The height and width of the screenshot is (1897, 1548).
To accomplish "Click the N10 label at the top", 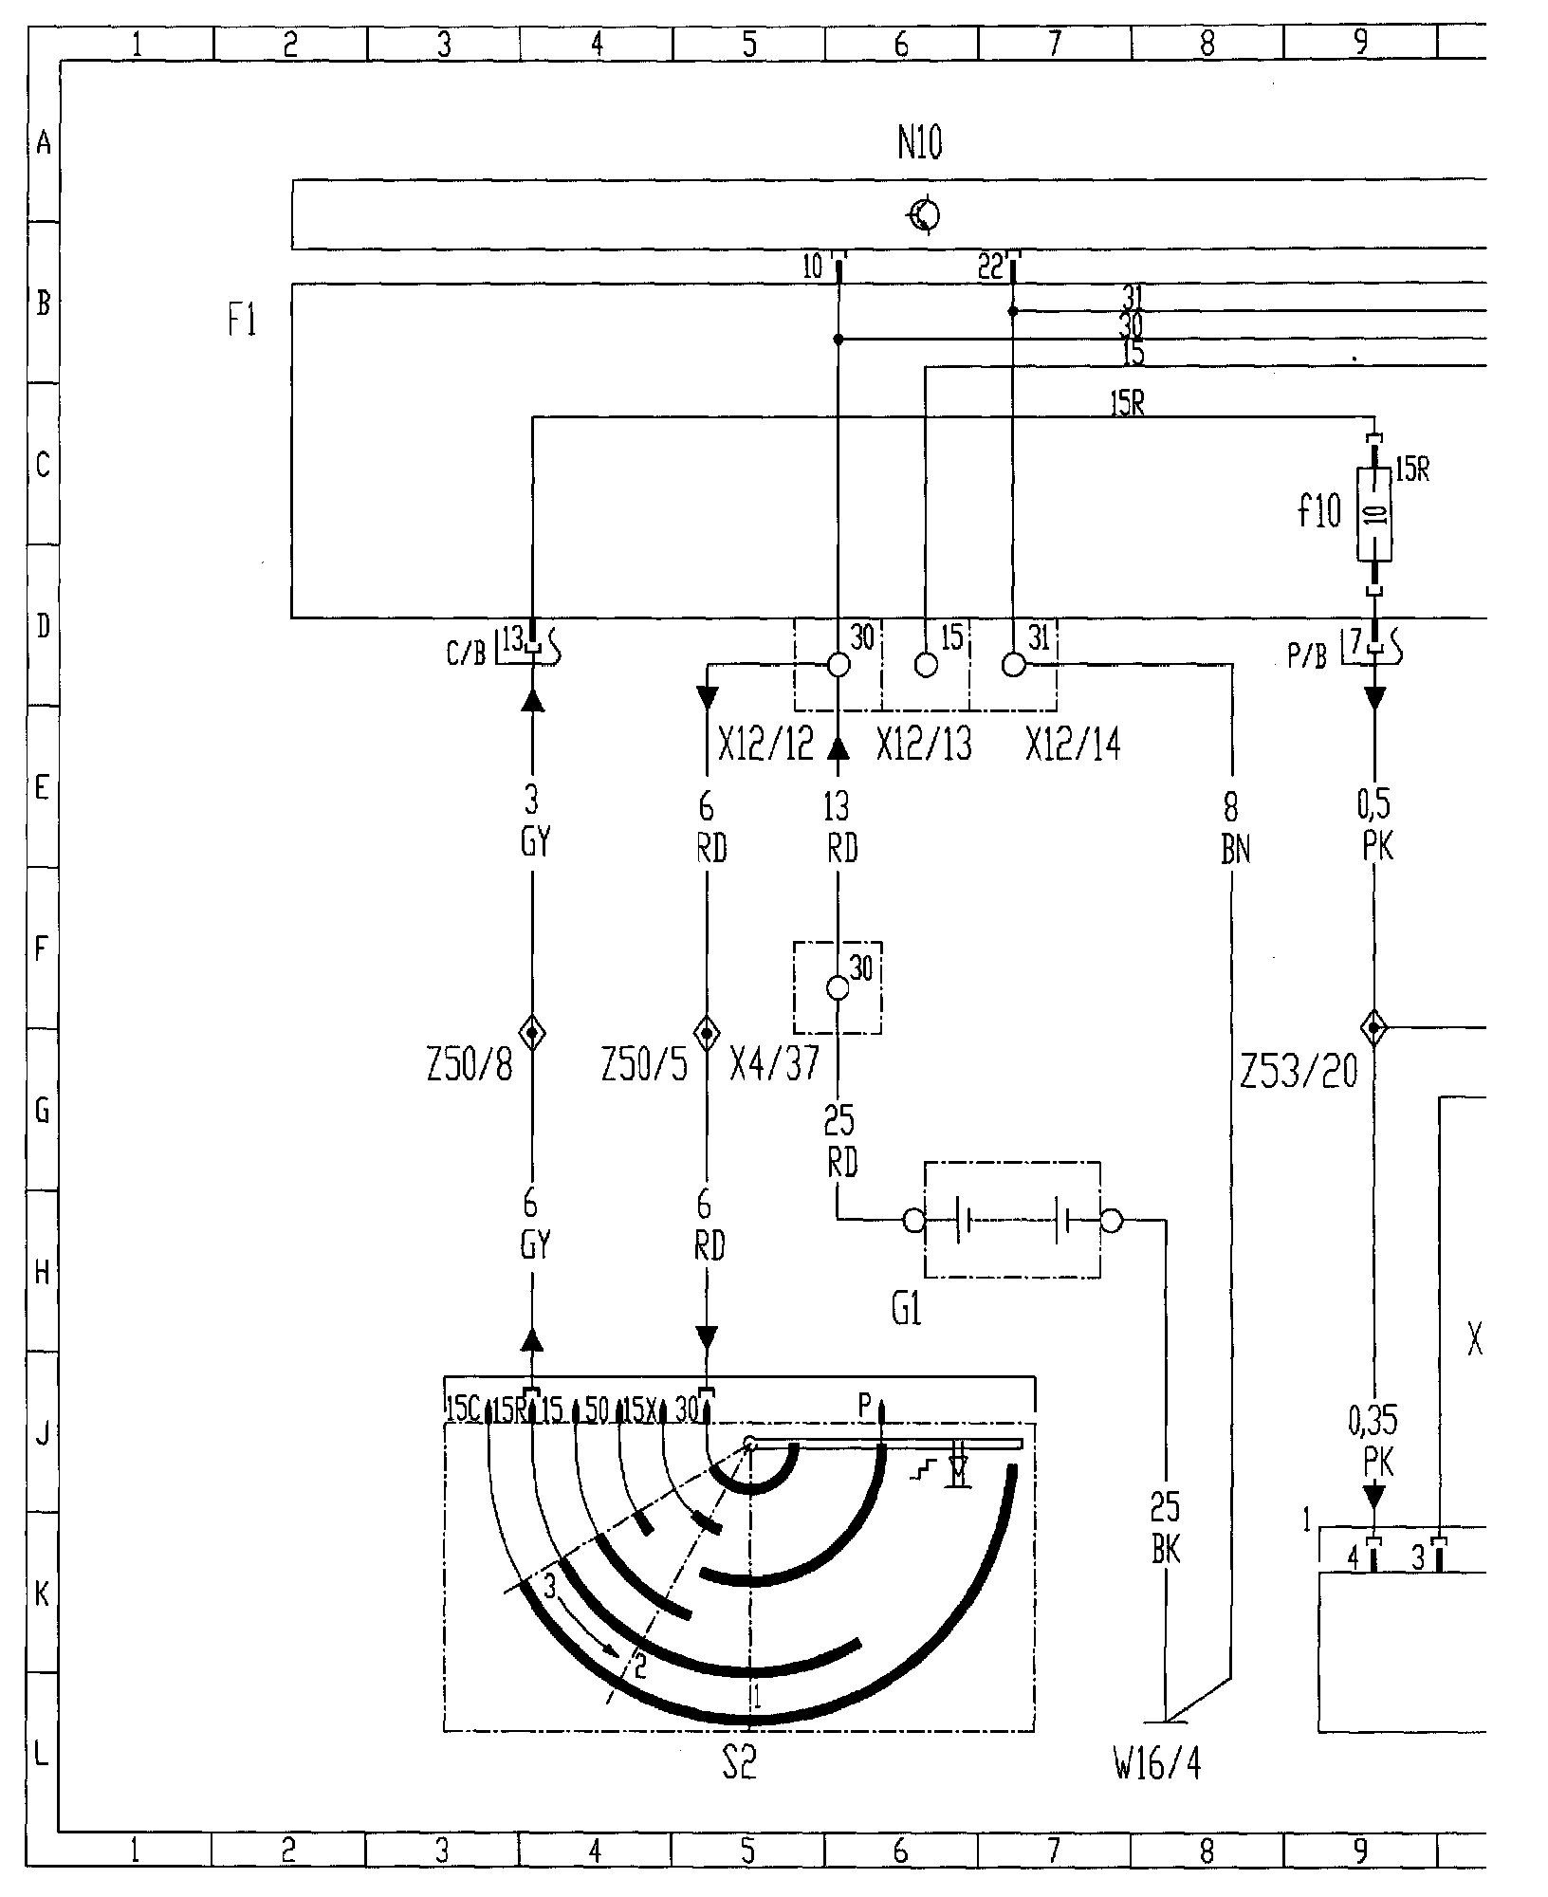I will tap(919, 144).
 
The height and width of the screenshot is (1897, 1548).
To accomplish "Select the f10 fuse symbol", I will tap(1374, 513).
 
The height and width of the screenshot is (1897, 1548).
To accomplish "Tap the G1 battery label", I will tap(907, 1311).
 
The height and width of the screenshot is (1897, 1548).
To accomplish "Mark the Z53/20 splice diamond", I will tap(1373, 1026).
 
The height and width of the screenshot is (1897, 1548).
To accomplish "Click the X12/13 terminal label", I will tap(924, 746).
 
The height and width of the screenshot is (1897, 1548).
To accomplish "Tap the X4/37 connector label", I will tap(774, 1065).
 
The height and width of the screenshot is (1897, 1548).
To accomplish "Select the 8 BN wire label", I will tap(1232, 828).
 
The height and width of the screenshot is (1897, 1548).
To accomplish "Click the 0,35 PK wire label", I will tap(1373, 1442).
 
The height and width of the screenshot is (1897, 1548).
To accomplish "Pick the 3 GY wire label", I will tap(533, 820).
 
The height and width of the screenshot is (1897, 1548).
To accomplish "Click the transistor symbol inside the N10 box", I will tap(925, 215).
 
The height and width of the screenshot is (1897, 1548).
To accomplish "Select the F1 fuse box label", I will tap(242, 322).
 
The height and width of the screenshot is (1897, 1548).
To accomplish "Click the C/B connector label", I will tap(466, 654).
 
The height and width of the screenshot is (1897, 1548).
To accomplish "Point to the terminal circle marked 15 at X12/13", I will tap(926, 665).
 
